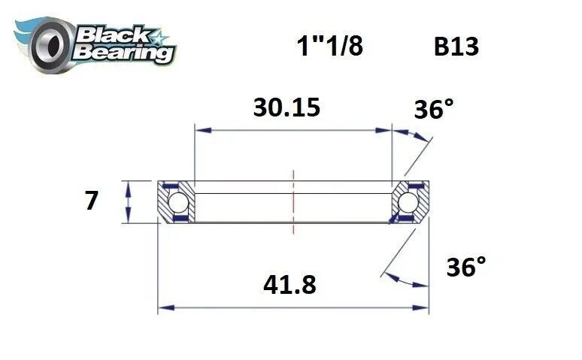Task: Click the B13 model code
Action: click(456, 47)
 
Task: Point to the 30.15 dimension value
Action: click(286, 107)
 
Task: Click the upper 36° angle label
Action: click(435, 110)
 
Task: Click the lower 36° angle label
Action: click(465, 267)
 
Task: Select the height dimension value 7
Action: click(91, 201)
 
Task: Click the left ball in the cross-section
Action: click(177, 202)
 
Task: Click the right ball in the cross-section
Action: click(409, 202)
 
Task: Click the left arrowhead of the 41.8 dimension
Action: click(163, 307)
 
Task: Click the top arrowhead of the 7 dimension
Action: click(129, 186)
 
